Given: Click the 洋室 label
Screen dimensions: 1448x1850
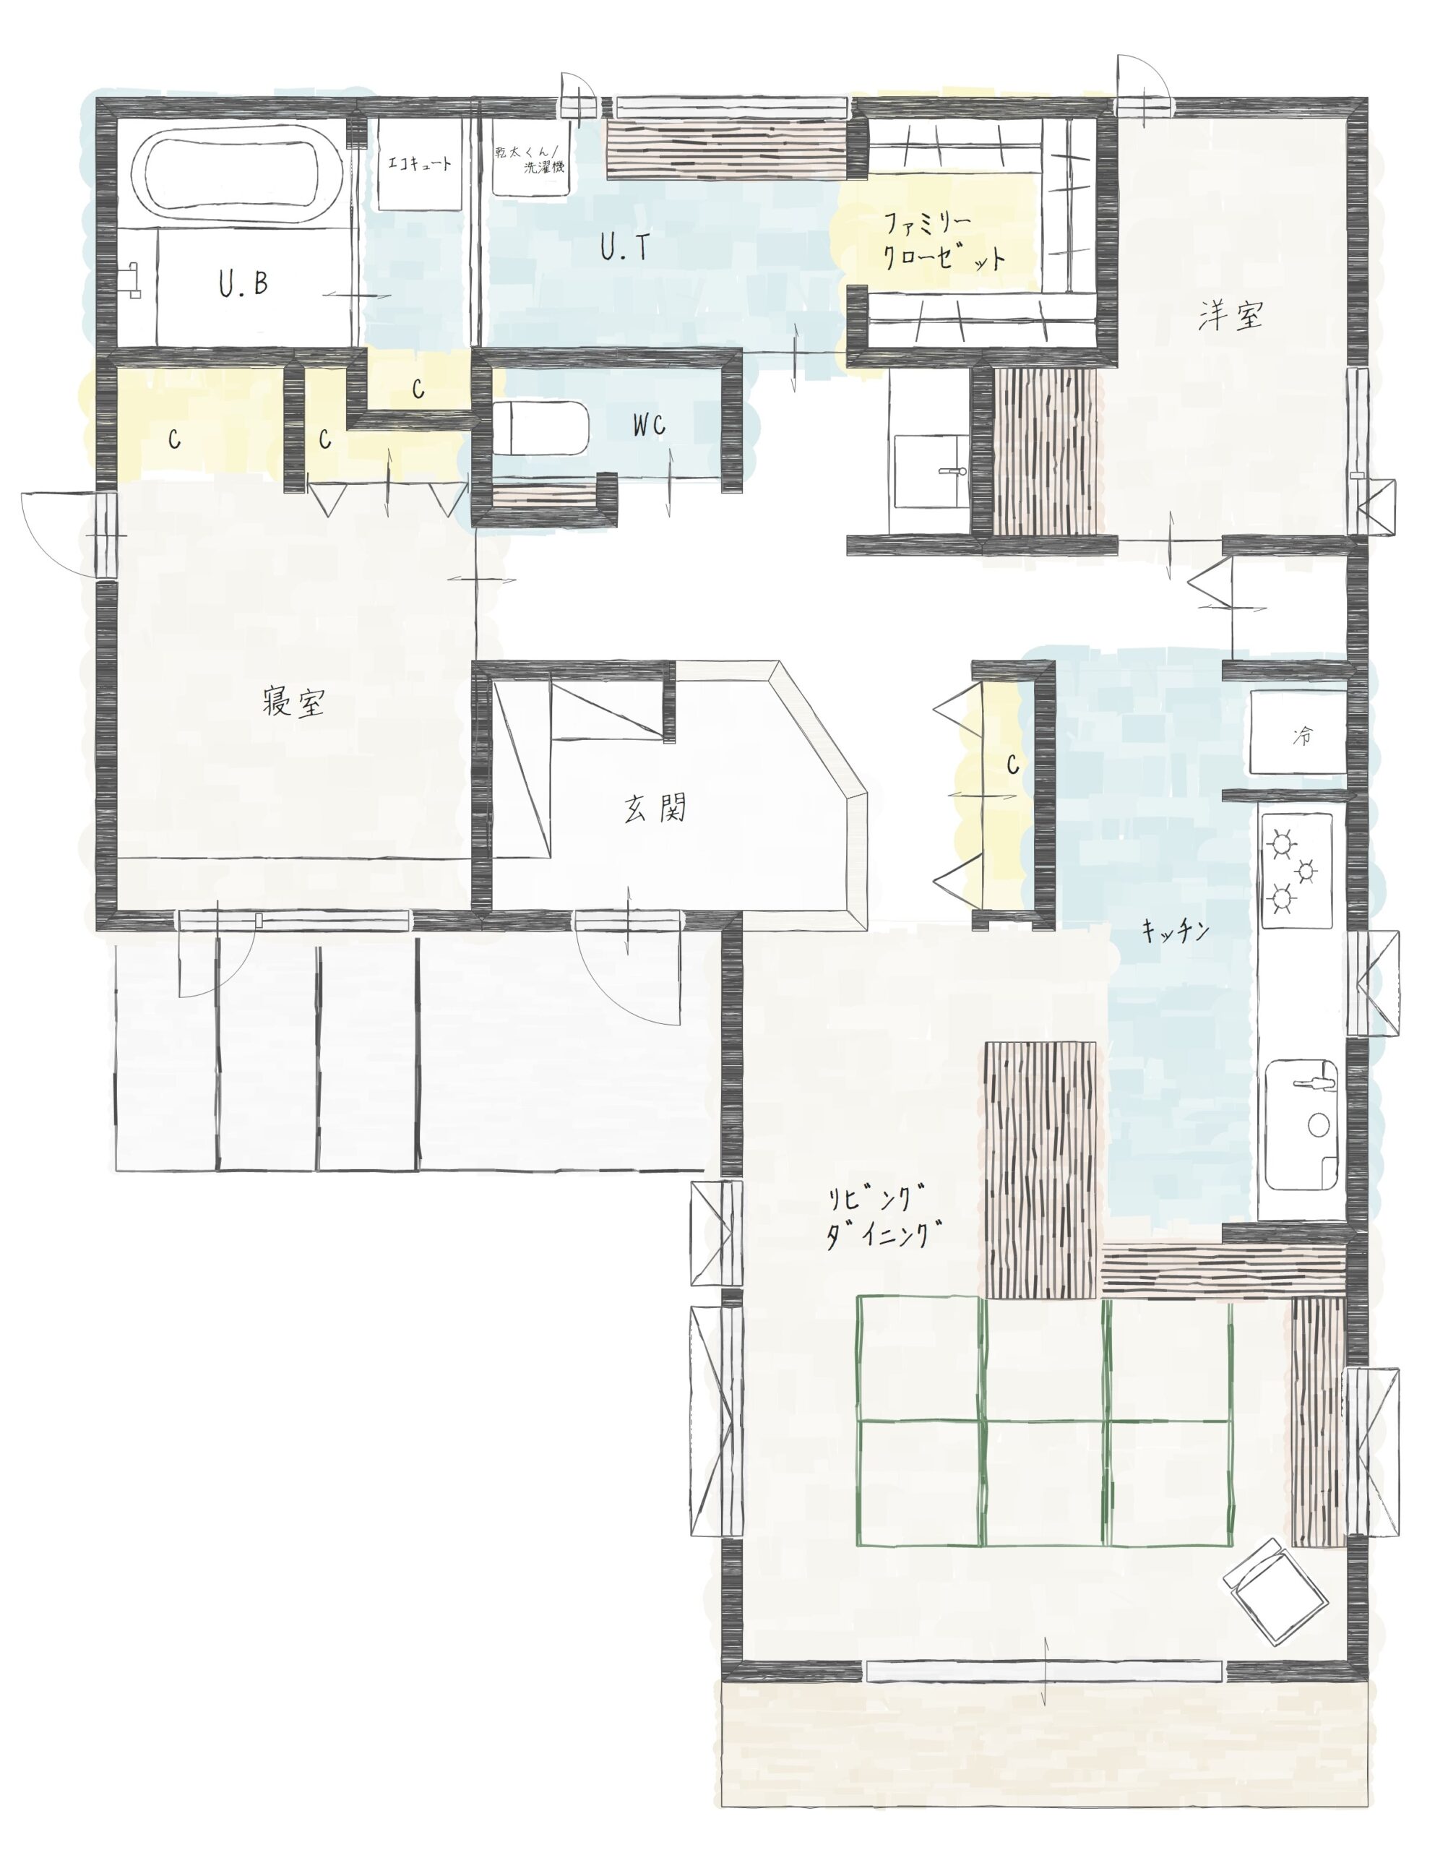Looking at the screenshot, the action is point(1231,317).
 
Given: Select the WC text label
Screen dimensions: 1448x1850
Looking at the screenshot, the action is point(649,426).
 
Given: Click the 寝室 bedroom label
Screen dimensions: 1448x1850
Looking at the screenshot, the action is point(293,704).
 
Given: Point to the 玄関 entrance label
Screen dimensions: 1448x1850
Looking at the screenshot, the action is point(655,809).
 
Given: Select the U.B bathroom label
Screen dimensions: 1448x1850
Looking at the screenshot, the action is point(244,285).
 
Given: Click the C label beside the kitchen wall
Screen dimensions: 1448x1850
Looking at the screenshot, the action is point(1012,765).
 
